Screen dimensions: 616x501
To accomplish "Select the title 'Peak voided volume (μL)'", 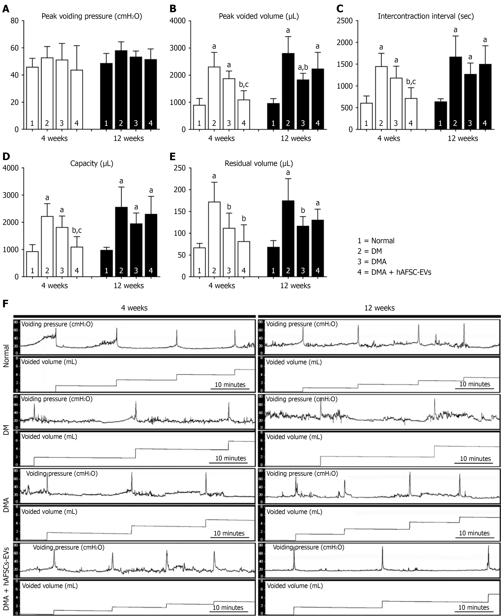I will coord(259,16).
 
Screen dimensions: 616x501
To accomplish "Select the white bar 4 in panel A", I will coord(76,99).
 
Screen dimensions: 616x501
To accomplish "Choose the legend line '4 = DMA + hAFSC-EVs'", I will coord(394,272).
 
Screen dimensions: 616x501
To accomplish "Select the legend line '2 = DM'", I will coord(370,251).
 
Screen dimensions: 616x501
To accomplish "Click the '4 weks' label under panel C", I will coord(389,139).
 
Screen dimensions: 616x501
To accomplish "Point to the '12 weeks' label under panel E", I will coord(296,286).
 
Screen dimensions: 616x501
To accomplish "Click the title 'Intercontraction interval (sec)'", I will coord(426,16).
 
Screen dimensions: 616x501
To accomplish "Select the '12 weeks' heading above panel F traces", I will coord(379,308).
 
